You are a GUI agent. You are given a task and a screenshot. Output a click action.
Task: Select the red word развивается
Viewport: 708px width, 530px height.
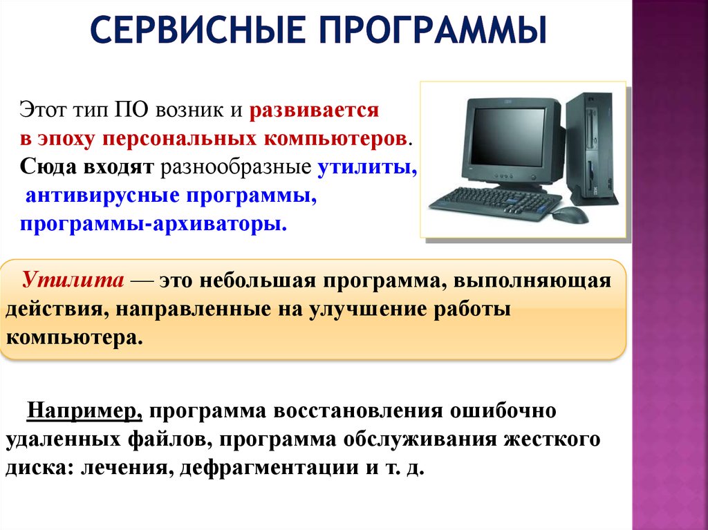(x=314, y=111)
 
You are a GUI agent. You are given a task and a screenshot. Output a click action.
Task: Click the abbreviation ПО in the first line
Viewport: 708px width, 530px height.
(x=131, y=109)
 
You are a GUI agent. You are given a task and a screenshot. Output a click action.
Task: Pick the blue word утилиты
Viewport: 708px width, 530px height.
(x=367, y=167)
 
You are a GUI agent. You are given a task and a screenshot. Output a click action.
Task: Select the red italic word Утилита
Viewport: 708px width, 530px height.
(x=73, y=279)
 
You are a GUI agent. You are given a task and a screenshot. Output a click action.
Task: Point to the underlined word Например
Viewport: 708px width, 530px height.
(x=85, y=411)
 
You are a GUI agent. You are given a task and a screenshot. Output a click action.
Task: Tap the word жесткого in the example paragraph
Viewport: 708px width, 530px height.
(x=552, y=439)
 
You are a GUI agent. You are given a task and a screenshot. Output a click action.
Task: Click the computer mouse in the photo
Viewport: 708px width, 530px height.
(x=570, y=216)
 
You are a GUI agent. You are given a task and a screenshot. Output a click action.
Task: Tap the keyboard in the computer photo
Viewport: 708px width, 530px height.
(x=494, y=204)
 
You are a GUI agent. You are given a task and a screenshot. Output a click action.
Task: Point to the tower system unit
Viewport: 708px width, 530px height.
(x=592, y=146)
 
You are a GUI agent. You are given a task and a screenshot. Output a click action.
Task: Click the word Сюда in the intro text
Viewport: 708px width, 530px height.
(x=48, y=167)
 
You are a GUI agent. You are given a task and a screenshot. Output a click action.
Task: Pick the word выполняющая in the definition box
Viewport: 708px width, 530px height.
(x=532, y=281)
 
